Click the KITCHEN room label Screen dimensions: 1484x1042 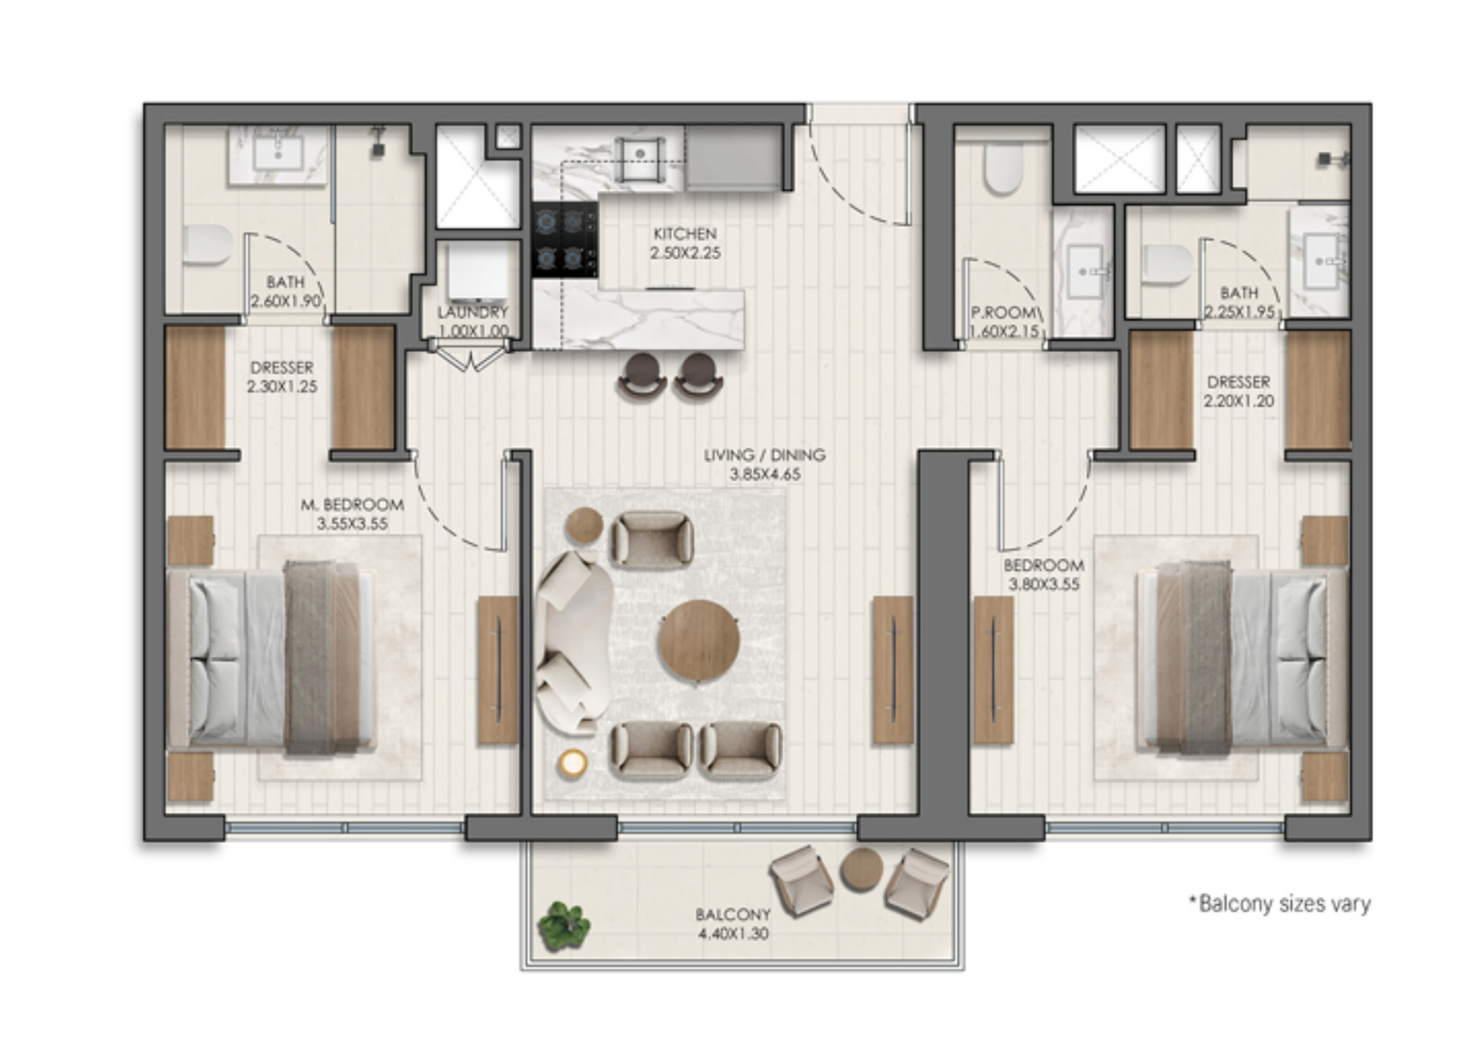(685, 234)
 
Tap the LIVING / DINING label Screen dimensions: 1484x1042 (764, 455)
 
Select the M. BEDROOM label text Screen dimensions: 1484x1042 (352, 504)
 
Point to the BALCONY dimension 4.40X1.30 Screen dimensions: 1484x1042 (734, 934)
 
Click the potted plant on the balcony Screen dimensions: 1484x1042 (564, 925)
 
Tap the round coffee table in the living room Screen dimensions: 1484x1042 (699, 641)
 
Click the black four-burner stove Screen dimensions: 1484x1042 (565, 239)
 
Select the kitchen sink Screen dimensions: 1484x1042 (640, 159)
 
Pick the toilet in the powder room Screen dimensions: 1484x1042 (1003, 169)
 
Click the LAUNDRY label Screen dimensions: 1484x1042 (473, 311)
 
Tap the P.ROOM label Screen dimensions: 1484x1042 (1003, 311)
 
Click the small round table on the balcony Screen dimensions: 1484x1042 (862, 870)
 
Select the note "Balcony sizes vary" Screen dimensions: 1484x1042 (1280, 903)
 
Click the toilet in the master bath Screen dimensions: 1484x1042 (208, 245)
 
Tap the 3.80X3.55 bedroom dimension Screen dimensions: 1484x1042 (1043, 584)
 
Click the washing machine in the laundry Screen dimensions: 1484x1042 (476, 272)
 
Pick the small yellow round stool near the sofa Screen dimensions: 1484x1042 (572, 763)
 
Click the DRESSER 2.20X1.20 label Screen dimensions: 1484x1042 (1238, 391)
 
